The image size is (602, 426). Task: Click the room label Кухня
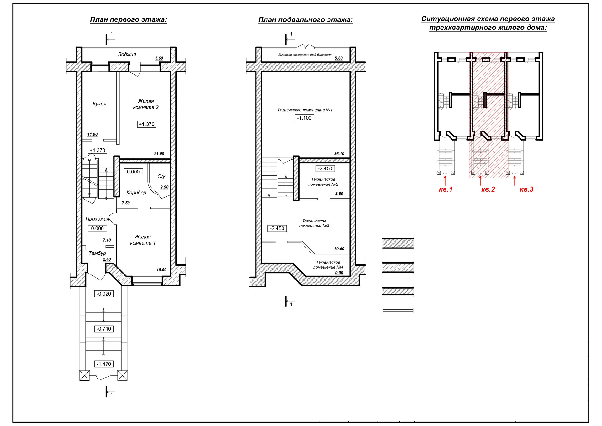[x=99, y=104]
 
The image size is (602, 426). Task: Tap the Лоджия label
[x=127, y=54]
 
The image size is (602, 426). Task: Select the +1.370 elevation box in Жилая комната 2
[x=147, y=124]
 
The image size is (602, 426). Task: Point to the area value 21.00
[x=159, y=154]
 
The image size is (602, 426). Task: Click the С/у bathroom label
[x=161, y=176]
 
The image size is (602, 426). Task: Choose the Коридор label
[x=136, y=192]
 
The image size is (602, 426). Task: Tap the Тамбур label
[x=97, y=253]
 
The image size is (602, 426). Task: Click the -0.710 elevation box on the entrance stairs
[x=104, y=329]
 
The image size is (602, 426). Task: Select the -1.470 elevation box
[x=104, y=364]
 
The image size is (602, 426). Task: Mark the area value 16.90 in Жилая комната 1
[x=161, y=270]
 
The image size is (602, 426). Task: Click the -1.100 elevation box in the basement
[x=304, y=118]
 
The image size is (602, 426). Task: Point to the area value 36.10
[x=339, y=154]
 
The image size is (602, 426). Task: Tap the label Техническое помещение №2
[x=323, y=182]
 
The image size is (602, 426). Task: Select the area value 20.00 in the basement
[x=339, y=249]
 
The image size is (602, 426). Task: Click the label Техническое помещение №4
[x=328, y=264]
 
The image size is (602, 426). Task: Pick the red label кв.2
[x=488, y=189]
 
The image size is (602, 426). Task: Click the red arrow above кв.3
[x=515, y=181]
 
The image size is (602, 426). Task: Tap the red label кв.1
[x=446, y=189]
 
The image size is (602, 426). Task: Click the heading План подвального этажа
[x=305, y=20]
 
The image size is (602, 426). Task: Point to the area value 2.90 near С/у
[x=164, y=187]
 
